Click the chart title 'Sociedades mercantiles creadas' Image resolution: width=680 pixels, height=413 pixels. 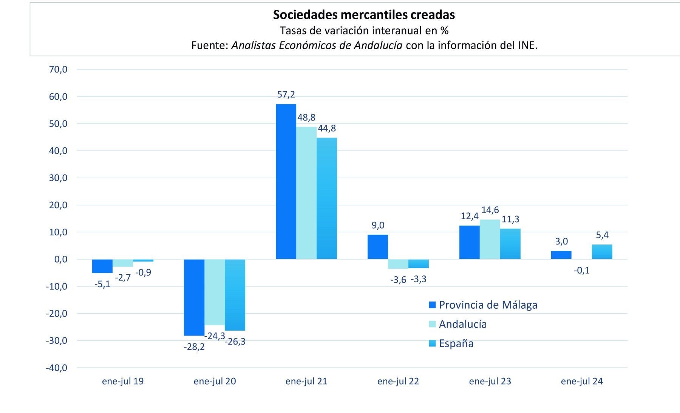364,15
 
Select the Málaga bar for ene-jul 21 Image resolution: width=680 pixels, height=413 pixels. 286,181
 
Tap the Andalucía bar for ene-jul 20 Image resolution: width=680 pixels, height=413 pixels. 215,292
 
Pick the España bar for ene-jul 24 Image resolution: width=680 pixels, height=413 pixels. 602,252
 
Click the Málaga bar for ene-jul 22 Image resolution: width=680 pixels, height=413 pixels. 378,247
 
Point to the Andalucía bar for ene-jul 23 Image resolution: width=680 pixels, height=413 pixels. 490,239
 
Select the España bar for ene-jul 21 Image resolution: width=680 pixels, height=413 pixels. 327,198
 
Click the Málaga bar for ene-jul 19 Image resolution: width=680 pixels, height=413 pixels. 102,266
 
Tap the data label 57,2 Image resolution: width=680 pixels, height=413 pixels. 286,94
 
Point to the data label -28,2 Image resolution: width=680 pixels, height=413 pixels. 194,346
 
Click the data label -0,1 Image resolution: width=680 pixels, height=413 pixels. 581,271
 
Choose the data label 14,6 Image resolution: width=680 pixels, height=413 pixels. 490,210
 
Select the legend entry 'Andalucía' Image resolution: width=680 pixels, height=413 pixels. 462,324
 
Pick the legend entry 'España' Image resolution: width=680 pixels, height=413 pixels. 456,343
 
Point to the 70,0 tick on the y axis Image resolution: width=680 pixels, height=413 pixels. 58,70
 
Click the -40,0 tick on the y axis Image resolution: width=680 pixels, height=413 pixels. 57,368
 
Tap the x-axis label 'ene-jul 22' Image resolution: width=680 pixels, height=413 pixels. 398,381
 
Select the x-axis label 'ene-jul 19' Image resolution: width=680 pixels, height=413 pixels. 123,381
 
